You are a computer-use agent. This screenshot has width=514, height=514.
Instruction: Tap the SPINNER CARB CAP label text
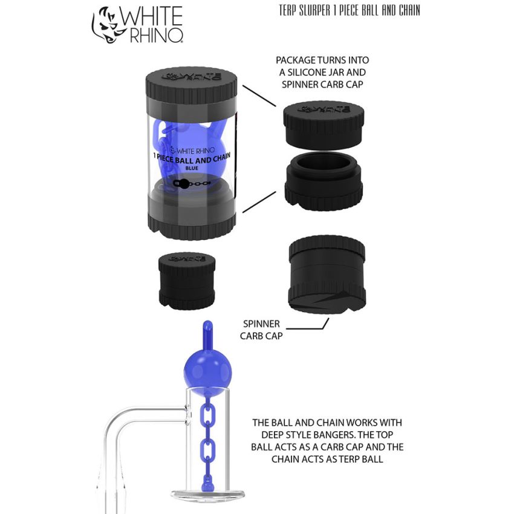tap(262, 329)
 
